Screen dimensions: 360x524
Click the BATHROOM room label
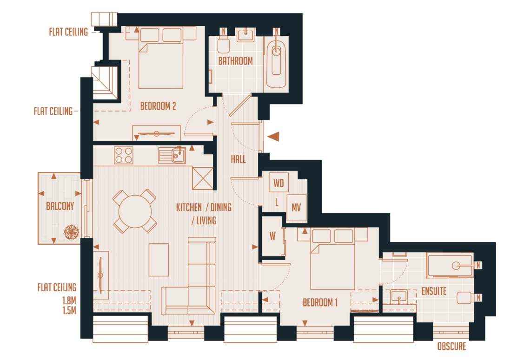235,61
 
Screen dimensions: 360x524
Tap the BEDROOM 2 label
158,106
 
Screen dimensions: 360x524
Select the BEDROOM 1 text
320,303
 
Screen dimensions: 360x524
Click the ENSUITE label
433,291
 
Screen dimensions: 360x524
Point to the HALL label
238,159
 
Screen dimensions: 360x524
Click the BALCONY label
60,206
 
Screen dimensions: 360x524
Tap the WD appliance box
279,183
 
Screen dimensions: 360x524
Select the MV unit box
296,208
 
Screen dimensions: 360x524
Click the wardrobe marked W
272,236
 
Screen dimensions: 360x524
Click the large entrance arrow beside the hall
274,137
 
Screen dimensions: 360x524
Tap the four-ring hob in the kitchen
123,155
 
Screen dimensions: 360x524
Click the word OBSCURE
451,347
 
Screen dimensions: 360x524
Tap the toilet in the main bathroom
224,46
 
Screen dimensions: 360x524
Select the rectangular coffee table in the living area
159,259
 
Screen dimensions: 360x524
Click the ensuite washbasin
399,295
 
